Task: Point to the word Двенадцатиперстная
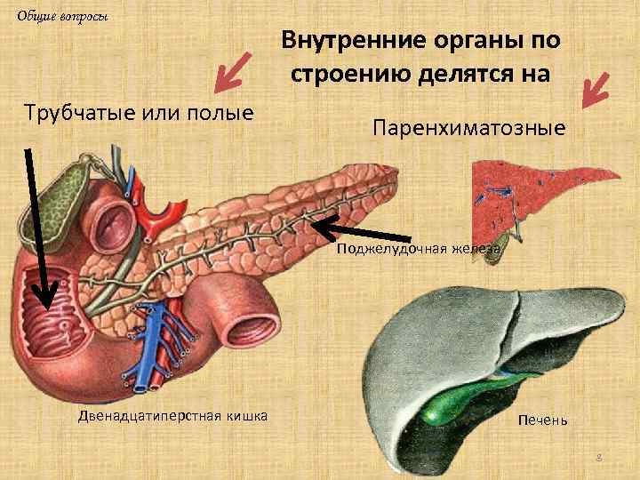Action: coord(143,416)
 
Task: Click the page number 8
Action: coord(599,457)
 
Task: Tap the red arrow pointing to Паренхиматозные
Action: coord(594,88)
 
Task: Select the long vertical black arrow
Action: coord(36,231)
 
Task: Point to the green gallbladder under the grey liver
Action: coord(448,400)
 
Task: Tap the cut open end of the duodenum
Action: coord(252,321)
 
